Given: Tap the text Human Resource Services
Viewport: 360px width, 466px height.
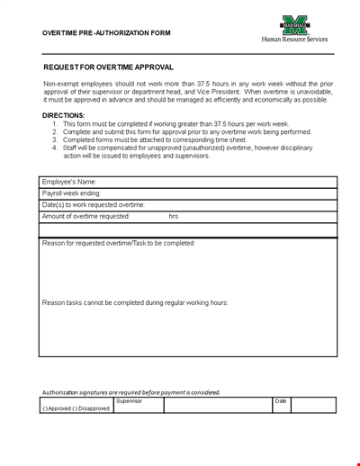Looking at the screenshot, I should pyautogui.click(x=294, y=40).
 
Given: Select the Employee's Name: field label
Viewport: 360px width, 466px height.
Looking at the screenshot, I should pyautogui.click(x=68, y=182).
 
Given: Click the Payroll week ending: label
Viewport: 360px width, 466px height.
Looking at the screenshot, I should pyautogui.click(x=72, y=193).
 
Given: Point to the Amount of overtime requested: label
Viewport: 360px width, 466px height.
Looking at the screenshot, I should pyautogui.click(x=85, y=217).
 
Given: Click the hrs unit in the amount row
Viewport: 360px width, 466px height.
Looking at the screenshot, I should pyautogui.click(x=174, y=217).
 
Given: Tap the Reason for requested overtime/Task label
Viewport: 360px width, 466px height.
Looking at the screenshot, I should pyautogui.click(x=118, y=243).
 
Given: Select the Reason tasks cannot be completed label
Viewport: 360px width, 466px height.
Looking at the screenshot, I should pyautogui.click(x=135, y=302).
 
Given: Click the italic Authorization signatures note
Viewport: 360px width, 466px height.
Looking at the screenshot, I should pyautogui.click(x=130, y=392).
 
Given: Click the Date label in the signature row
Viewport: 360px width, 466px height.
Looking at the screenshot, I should pyautogui.click(x=281, y=401).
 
